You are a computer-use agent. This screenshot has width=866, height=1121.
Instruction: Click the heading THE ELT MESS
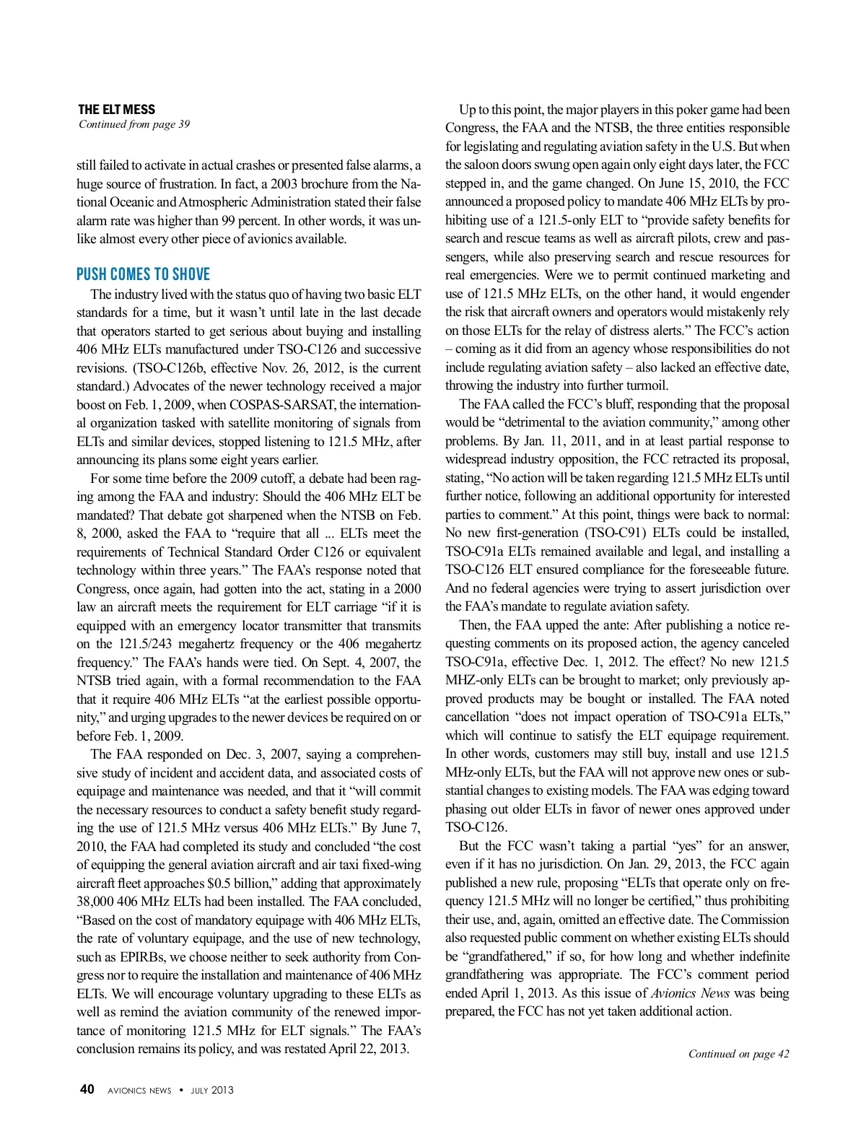click(x=116, y=110)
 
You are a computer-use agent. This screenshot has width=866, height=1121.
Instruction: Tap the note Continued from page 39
click(x=134, y=124)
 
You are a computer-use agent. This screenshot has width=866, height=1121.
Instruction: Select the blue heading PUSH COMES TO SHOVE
click(x=144, y=274)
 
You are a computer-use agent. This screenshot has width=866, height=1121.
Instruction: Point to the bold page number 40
click(x=87, y=1090)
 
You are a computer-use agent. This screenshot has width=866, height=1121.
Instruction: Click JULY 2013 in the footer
click(x=212, y=1091)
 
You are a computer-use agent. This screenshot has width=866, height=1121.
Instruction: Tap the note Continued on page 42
click(x=738, y=1054)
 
